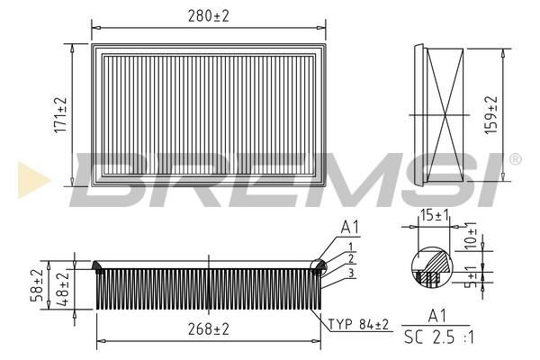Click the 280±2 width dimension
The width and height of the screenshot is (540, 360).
209,16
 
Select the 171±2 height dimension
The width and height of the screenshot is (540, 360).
60,115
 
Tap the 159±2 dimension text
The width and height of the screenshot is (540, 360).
491,114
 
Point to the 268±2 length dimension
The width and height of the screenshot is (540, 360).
209,329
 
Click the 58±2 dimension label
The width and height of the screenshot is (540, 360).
37,285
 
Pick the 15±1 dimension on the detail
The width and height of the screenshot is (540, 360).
435,216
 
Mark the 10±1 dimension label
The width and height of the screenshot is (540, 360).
470,235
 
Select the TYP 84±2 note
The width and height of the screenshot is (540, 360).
358,324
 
